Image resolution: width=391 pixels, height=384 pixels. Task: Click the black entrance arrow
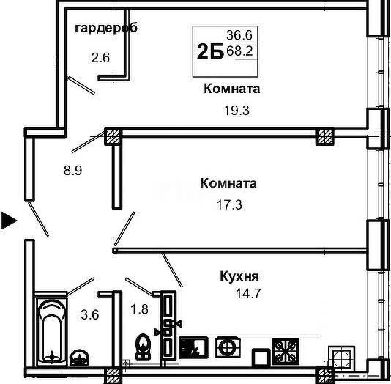[x=9, y=221]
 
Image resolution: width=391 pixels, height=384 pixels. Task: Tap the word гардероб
[x=106, y=28]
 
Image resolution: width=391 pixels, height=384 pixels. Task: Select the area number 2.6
[x=100, y=58]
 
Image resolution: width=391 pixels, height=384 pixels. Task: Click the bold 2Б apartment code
[x=210, y=51]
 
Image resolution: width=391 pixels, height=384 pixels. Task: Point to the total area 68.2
[x=239, y=51]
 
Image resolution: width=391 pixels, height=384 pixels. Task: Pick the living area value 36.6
[x=239, y=35]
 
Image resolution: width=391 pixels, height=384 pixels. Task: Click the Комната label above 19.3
[x=231, y=89]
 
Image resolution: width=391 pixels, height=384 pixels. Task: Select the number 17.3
[x=229, y=205]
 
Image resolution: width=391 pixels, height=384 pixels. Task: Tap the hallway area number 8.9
[x=72, y=171]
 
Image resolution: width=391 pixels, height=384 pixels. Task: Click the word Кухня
[x=239, y=276]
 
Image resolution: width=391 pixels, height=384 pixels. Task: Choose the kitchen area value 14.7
[x=248, y=293]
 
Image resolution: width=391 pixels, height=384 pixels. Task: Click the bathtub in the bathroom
[x=51, y=333]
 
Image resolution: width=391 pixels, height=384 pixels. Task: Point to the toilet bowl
[x=142, y=347]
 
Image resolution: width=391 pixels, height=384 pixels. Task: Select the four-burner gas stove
[x=286, y=351]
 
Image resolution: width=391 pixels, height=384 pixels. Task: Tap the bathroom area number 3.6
[x=90, y=314]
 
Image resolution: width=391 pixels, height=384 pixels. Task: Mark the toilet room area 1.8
[x=139, y=309]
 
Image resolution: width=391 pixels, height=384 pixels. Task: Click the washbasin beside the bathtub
[x=79, y=358]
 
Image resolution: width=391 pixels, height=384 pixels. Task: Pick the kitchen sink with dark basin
[x=193, y=348]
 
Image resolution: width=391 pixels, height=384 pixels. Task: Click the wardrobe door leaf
[x=81, y=85]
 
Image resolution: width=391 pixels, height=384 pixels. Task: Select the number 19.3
[x=237, y=111]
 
